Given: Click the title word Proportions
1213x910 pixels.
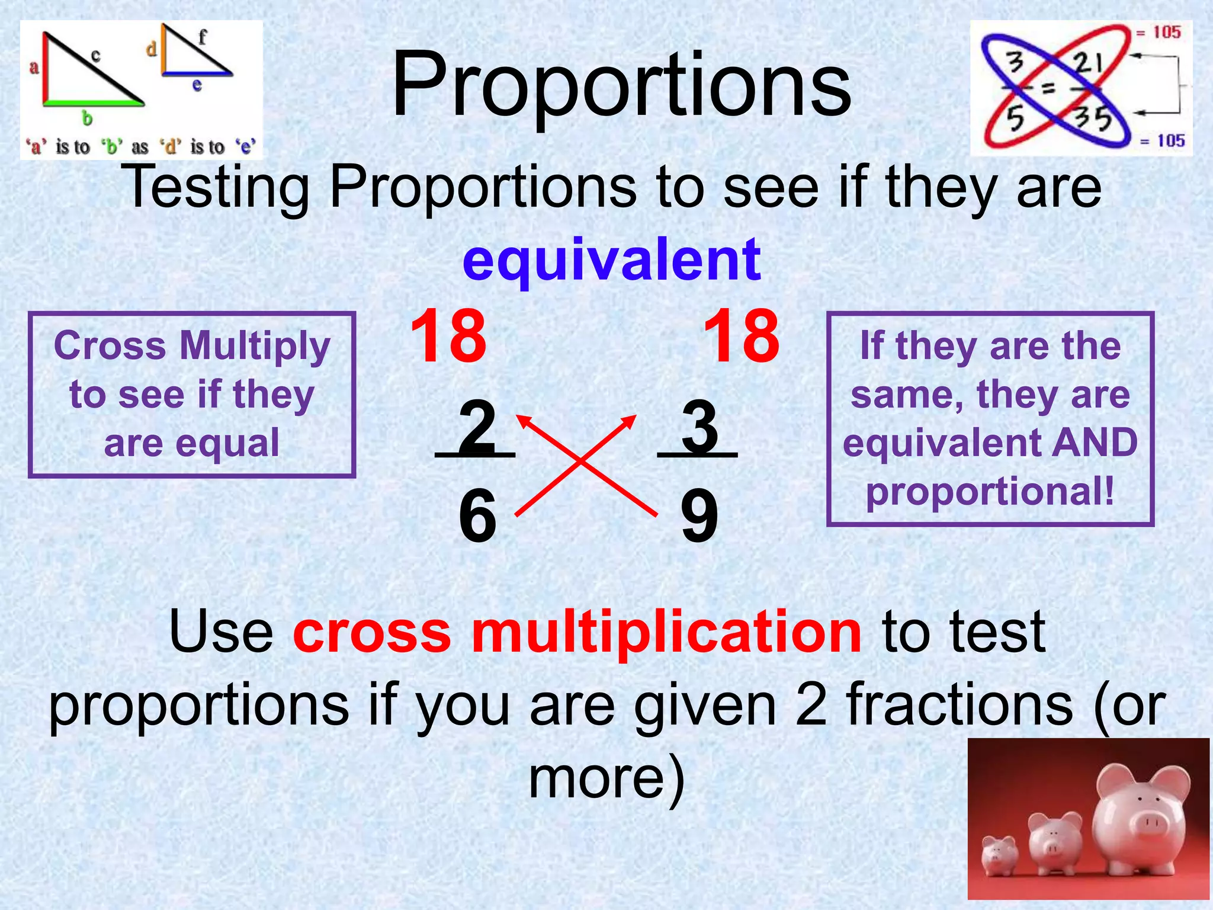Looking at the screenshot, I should click(x=621, y=86).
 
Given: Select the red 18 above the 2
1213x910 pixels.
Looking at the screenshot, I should click(x=448, y=337).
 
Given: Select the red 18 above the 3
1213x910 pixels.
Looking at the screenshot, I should click(x=741, y=337).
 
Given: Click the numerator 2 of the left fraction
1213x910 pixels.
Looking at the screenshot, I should click(x=477, y=425).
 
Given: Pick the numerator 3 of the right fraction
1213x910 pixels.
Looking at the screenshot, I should click(x=699, y=425).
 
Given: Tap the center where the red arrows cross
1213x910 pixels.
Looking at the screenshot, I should click(x=581, y=461).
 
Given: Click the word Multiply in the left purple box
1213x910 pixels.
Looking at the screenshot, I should click(x=255, y=345).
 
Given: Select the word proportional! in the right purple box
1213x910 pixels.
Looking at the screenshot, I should click(x=990, y=491).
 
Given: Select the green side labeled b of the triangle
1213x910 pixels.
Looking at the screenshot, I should click(x=93, y=103).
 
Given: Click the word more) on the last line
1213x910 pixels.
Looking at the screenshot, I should click(x=606, y=777).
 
